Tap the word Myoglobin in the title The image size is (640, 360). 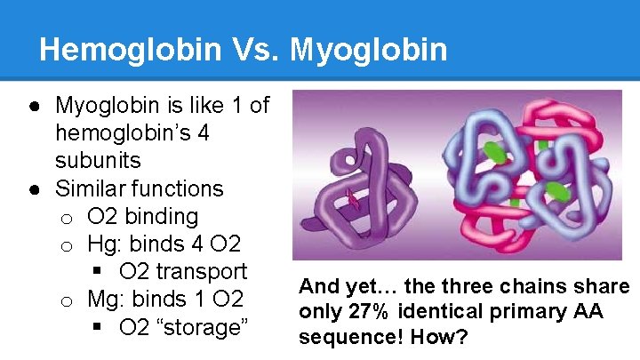pyautogui.click(x=369, y=50)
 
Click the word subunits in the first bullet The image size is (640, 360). pyautogui.click(x=98, y=161)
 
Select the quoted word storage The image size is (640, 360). pyautogui.click(x=204, y=327)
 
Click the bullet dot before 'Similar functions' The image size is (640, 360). pyautogui.click(x=33, y=189)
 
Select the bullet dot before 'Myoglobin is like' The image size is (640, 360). pyautogui.click(x=33, y=107)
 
